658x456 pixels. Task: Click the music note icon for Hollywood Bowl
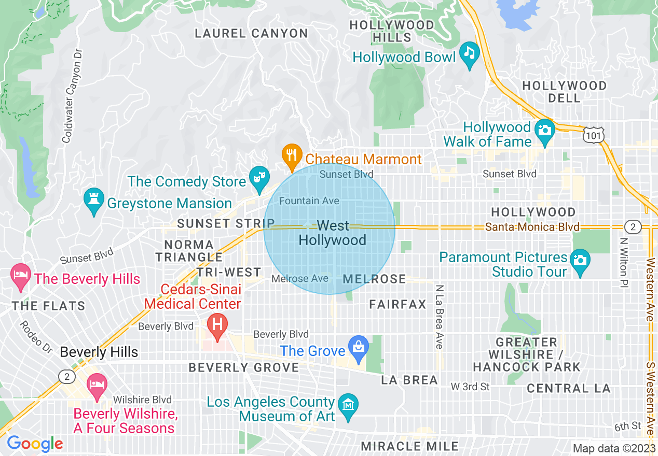point(470,53)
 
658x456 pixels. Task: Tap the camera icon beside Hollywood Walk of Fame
point(544,129)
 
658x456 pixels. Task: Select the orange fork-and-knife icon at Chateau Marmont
point(292,154)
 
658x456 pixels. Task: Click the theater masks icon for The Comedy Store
point(257,177)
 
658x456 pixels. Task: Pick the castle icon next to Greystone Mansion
point(94,199)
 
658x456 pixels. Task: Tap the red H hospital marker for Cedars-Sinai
point(217,325)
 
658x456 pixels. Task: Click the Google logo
point(35,444)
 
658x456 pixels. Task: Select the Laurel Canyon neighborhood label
point(251,34)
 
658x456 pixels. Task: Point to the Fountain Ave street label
point(309,201)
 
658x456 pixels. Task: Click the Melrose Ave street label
point(299,279)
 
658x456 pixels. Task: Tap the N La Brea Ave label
point(440,317)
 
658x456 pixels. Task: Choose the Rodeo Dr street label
point(36,337)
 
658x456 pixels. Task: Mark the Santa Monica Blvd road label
point(532,227)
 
